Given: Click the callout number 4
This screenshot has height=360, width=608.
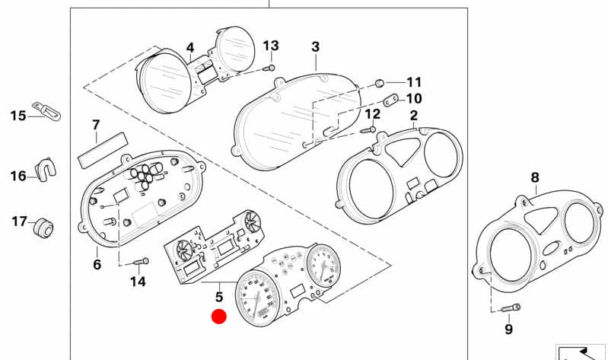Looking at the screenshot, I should click(190, 47).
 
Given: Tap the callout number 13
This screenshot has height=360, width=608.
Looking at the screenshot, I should click(271, 46).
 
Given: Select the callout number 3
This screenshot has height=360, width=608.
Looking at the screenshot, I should click(316, 47).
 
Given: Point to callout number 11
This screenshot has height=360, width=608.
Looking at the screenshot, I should click(413, 82).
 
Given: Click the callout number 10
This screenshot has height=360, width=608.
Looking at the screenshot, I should click(413, 98).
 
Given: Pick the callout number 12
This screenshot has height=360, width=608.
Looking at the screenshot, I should click(372, 114).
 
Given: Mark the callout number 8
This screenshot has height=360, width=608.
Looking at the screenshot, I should click(534, 177).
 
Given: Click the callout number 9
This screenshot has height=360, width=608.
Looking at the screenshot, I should click(508, 329).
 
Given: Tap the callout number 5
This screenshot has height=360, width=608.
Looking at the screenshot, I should click(218, 297).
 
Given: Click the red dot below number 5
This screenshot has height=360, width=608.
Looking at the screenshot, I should click(219, 317).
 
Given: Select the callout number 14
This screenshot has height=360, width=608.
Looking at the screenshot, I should click(137, 282).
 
